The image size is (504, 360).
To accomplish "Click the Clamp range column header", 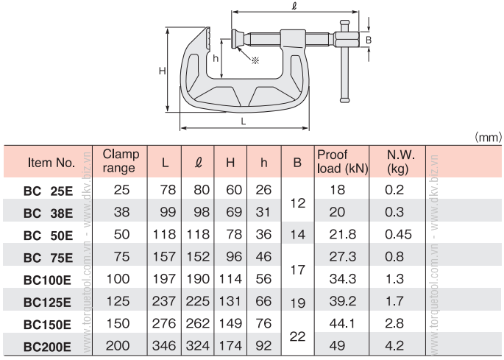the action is tap(121, 161).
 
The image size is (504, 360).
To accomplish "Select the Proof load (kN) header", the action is tap(342, 162).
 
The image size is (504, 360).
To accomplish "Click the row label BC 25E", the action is tap(49, 191).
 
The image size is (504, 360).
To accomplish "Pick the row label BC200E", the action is tap(47, 347).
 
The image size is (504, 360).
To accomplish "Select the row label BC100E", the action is tap(47, 280).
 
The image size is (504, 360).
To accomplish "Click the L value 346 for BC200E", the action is tap(164, 345).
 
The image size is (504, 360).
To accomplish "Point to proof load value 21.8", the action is tap(342, 234).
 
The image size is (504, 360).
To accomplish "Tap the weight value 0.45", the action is tap(398, 234).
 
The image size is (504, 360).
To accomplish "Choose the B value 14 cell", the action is tap(298, 235).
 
